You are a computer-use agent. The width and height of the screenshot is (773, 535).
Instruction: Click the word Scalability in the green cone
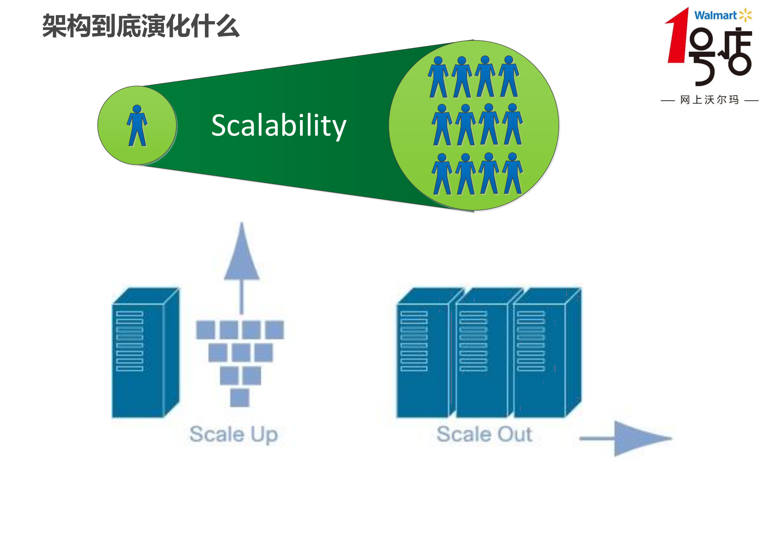[278, 126]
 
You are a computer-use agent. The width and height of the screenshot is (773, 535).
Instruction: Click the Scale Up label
[233, 434]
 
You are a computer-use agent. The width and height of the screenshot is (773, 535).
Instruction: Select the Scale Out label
[484, 434]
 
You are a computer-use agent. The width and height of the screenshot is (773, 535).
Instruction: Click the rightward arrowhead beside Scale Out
[640, 439]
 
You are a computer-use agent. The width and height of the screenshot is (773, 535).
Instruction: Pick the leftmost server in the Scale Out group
[422, 357]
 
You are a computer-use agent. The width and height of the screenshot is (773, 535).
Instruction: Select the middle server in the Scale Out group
[481, 357]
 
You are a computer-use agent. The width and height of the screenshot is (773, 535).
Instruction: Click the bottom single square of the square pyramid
[240, 397]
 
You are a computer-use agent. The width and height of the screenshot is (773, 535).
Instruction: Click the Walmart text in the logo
[715, 16]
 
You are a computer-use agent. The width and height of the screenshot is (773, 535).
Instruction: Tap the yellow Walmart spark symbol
[745, 15]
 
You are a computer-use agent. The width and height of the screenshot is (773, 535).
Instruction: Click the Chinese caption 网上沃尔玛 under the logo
[709, 100]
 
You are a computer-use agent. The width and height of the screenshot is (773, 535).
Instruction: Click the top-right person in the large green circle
[508, 76]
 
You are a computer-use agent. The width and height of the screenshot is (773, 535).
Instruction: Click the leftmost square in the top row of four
[205, 330]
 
